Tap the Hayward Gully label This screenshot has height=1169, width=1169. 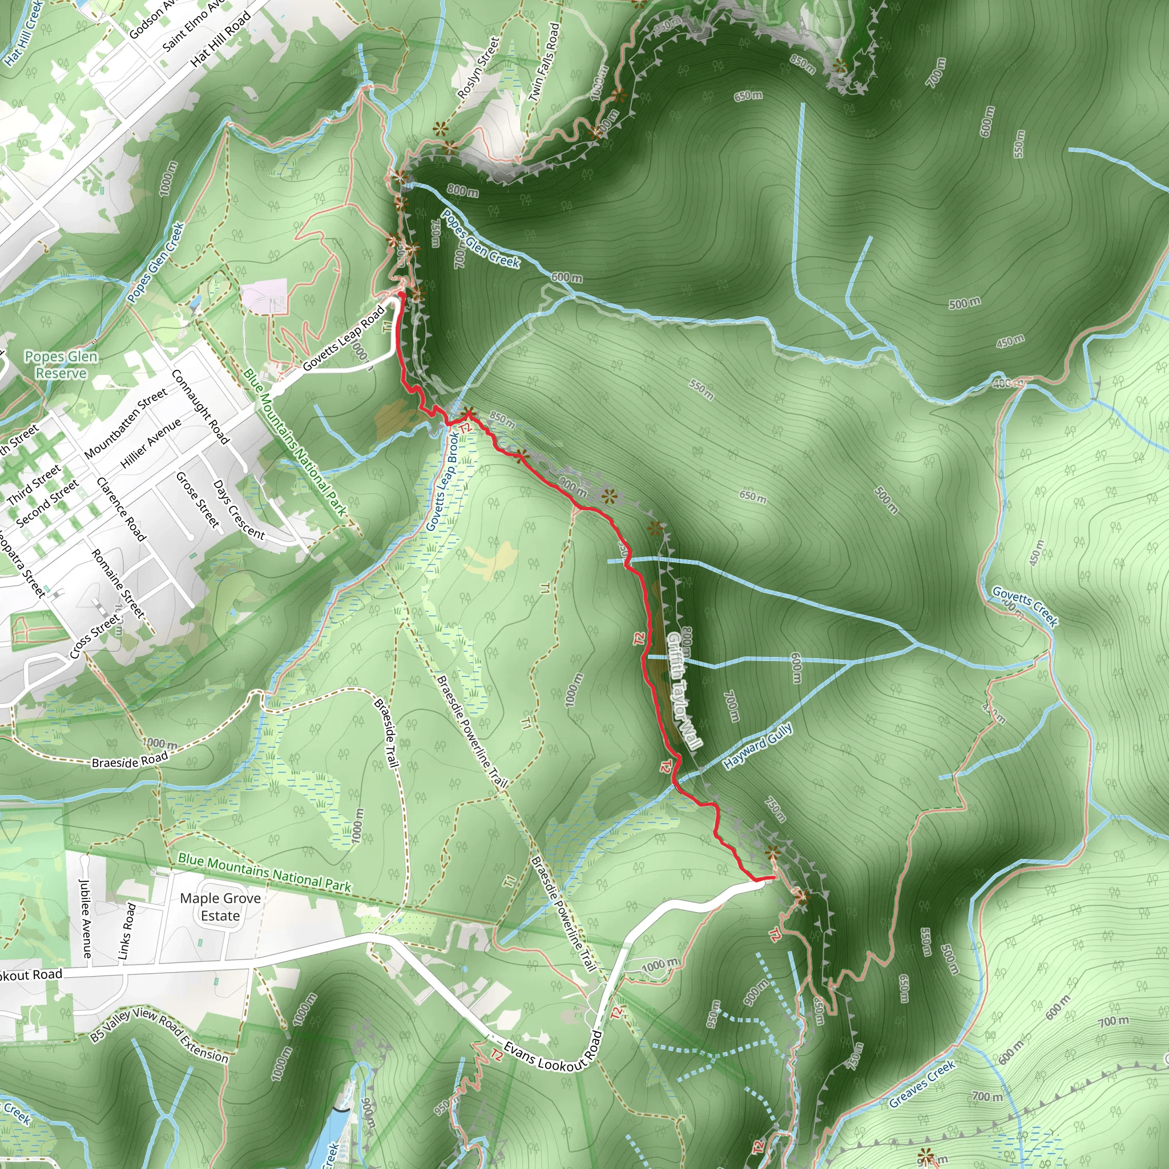click(x=757, y=747)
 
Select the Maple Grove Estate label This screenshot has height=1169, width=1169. click(x=220, y=907)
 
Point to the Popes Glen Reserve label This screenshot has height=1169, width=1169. click(x=61, y=365)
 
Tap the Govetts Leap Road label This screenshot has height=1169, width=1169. click(x=344, y=338)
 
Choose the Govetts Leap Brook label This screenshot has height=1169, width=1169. click(x=443, y=482)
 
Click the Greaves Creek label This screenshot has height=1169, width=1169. click(x=922, y=1084)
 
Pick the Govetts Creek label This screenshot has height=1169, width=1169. click(x=1025, y=606)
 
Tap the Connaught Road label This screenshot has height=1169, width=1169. click(x=200, y=406)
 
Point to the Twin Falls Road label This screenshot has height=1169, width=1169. click(x=545, y=62)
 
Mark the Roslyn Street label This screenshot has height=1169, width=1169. click(x=478, y=68)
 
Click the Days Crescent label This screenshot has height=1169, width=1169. click(x=239, y=510)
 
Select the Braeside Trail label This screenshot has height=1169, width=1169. click(x=386, y=733)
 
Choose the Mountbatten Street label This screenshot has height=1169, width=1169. click(x=126, y=424)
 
